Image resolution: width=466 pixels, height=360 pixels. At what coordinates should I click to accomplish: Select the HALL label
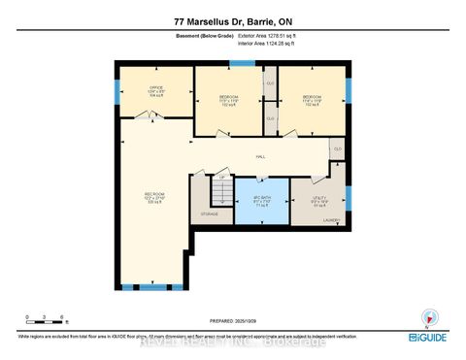pos(260,156)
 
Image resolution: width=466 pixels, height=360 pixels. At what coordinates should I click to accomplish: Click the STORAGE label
pos(210,213)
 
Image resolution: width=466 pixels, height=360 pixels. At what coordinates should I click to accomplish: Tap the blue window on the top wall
pos(242,63)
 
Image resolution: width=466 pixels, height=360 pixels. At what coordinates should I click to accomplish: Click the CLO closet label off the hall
pos(336,148)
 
